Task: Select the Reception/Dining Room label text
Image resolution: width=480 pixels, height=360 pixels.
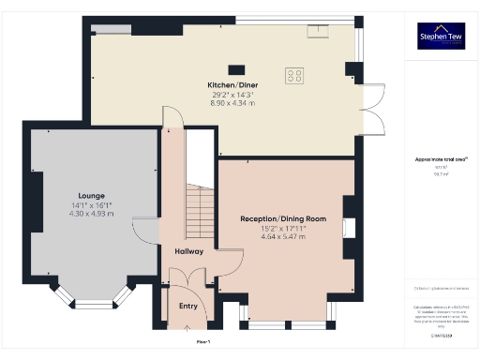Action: (283, 218)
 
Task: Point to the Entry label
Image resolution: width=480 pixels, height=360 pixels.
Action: (188, 306)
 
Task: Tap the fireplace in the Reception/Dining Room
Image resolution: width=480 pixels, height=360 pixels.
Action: (349, 226)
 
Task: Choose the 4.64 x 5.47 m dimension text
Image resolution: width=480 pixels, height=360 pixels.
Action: (283, 236)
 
